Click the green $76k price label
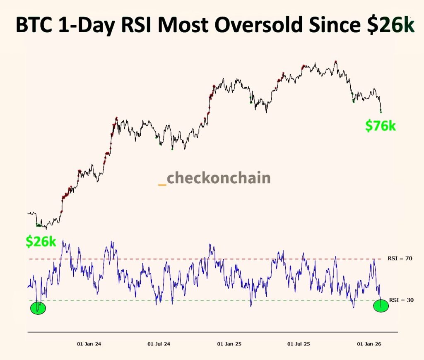click(380, 126)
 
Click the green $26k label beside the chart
click(41, 242)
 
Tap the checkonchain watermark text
click(218, 178)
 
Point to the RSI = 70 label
click(400, 258)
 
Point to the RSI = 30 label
click(400, 300)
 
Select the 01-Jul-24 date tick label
click(159, 344)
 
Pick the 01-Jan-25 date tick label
click(229, 344)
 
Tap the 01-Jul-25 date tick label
click(299, 344)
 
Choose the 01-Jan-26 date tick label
click(369, 344)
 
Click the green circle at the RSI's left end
click(38, 308)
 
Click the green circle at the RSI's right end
click(381, 306)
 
